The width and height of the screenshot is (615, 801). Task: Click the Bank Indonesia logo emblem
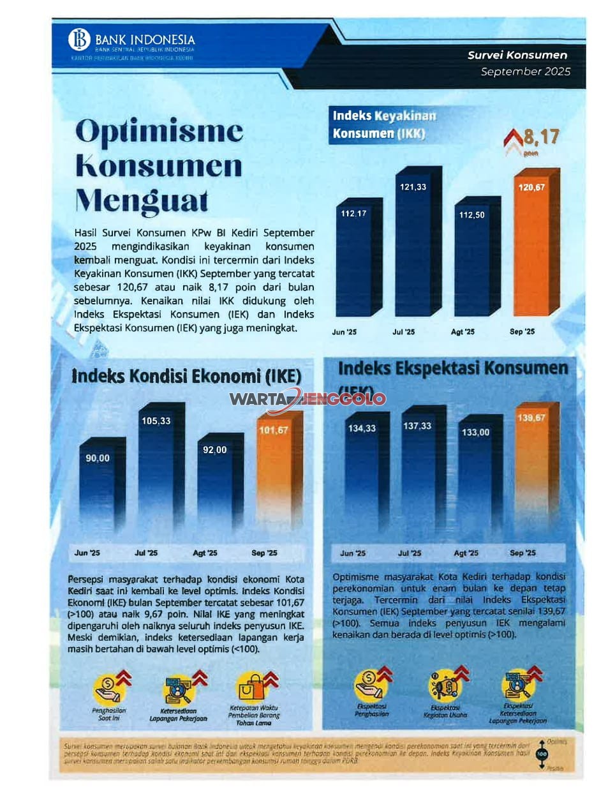80,40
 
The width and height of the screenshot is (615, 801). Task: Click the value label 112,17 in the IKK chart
353,213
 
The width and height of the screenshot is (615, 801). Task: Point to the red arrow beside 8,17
512,140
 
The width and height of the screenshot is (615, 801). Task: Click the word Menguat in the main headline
142,200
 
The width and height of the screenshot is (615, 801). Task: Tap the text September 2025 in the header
525,71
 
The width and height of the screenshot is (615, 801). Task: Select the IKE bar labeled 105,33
159,472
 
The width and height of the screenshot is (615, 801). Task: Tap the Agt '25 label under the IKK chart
463,332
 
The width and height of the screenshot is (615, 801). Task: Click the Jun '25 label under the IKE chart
87,553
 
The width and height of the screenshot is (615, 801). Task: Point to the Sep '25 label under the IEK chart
522,553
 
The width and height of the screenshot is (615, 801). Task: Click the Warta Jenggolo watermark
307,400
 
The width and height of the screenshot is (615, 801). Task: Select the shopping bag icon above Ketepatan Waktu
250,688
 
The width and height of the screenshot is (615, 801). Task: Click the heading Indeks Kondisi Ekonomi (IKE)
186,376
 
